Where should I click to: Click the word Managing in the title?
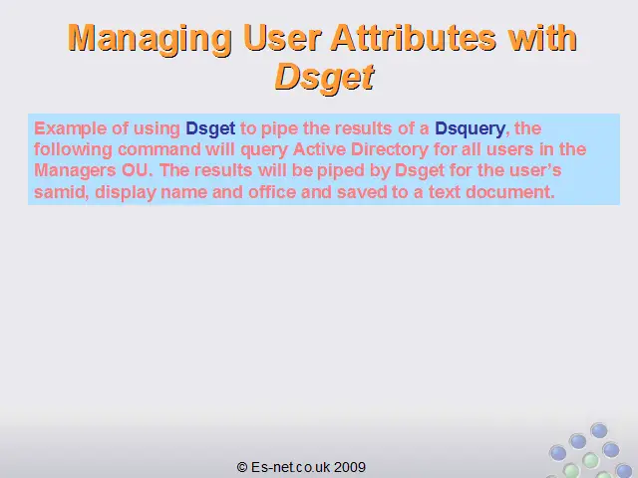pos(150,39)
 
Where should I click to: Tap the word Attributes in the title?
pos(414,38)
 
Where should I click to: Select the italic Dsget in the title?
pos(324,78)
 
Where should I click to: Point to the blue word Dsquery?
pos(470,129)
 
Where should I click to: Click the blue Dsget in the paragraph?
pos(210,129)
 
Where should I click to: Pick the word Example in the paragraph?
pos(71,128)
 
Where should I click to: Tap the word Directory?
pos(390,149)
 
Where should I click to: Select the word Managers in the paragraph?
pos(75,170)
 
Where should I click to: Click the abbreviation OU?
pos(135,170)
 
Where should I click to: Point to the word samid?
pos(61,192)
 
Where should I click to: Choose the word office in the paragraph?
pos(272,191)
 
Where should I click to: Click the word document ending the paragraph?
pos(509,192)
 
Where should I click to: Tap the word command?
pos(159,149)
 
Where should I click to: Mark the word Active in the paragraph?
pos(319,149)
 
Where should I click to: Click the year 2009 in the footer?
pos(350,467)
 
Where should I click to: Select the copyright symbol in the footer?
pos(242,467)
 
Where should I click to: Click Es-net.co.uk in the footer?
pos(290,467)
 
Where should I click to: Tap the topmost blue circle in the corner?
pos(598,430)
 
